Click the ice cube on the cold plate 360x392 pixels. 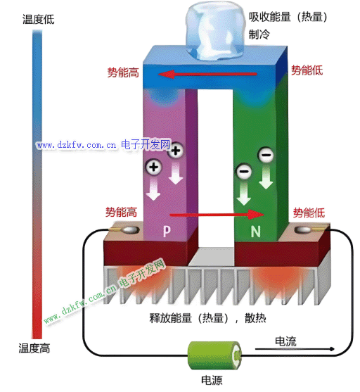click(215, 31)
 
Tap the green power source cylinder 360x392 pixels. click(215, 355)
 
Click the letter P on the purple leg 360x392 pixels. click(167, 231)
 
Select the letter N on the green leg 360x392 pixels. click(255, 232)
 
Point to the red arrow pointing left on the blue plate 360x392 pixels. click(207, 74)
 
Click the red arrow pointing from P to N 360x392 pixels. click(217, 215)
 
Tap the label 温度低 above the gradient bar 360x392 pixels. click(38, 19)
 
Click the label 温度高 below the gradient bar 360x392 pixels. click(34, 348)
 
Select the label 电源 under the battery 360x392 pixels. click(212, 380)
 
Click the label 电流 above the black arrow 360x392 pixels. click(285, 341)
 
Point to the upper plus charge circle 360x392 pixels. click(176, 150)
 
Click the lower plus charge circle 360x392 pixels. click(154, 167)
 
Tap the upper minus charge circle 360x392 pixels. click(266, 155)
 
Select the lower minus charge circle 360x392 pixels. click(244, 171)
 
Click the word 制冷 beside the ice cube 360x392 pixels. click(259, 34)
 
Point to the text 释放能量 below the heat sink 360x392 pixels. click(171, 318)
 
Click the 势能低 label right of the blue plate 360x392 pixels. click(307, 70)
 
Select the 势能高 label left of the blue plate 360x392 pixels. click(123, 72)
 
